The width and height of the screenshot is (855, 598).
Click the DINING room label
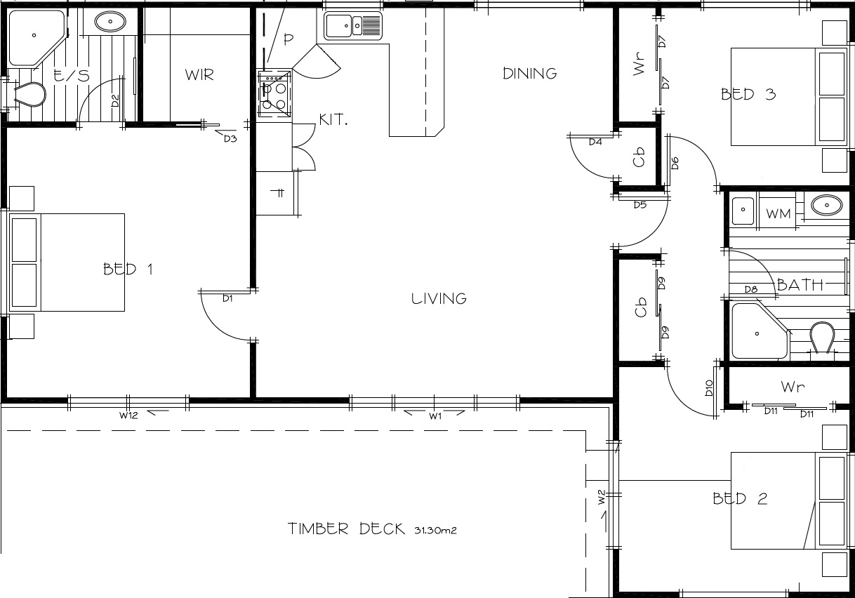click(530, 74)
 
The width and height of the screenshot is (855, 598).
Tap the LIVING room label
click(439, 298)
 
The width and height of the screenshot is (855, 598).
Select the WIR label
click(199, 75)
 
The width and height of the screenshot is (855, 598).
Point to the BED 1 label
click(128, 270)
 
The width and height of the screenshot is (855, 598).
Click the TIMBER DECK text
click(346, 529)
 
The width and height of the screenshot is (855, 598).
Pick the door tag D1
click(227, 298)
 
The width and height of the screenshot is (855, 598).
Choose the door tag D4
click(595, 142)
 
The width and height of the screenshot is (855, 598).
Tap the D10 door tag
click(709, 387)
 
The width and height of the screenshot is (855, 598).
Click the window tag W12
click(128, 416)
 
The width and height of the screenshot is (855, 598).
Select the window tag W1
click(435, 416)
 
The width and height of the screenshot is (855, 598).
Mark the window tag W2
click(601, 497)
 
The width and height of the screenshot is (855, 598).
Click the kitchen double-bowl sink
click(352, 26)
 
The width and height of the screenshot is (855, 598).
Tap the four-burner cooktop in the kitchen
click(274, 93)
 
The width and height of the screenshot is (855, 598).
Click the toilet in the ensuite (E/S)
click(29, 93)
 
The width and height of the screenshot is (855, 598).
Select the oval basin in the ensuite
click(110, 22)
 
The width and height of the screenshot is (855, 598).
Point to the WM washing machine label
click(778, 213)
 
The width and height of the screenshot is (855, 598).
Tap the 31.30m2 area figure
click(435, 531)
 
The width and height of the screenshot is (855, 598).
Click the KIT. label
click(333, 120)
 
